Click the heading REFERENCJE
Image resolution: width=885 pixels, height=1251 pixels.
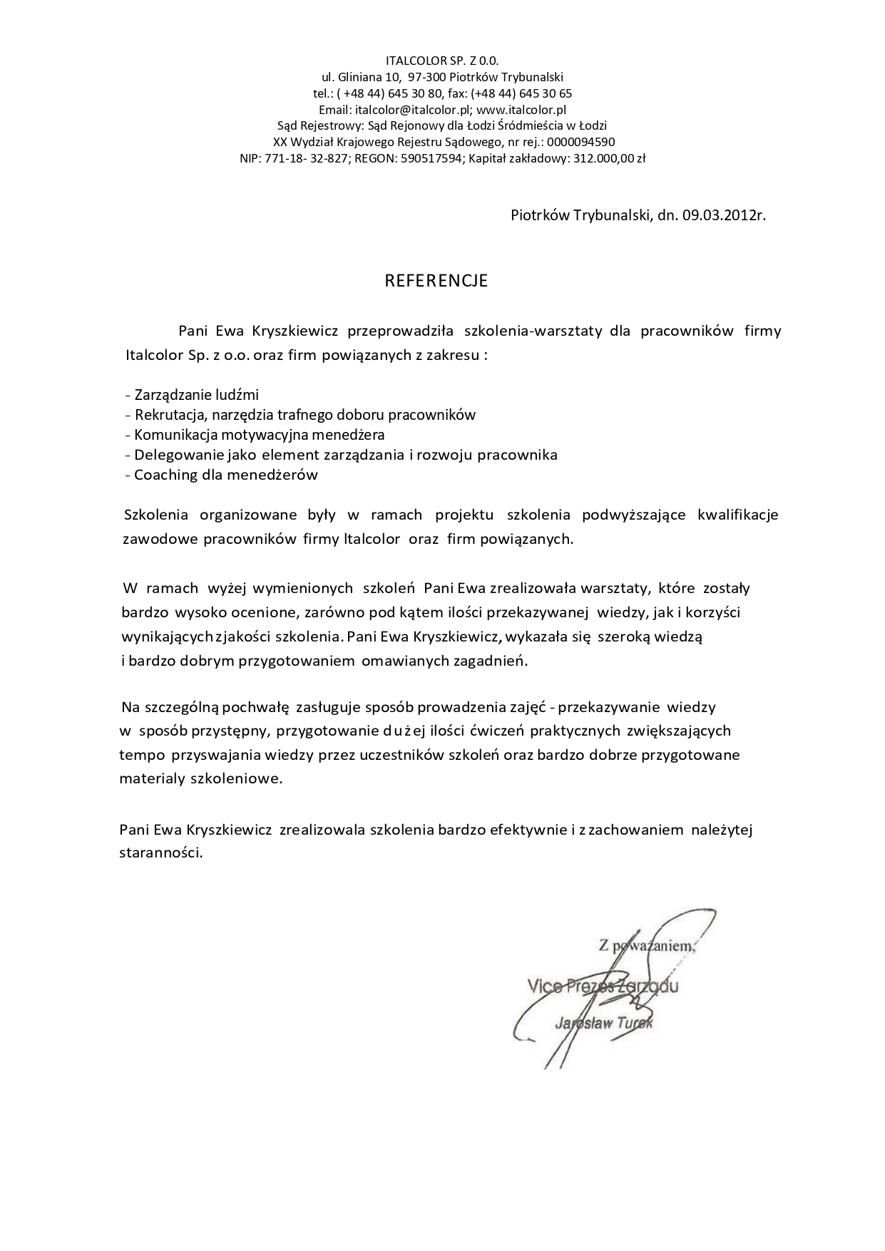tap(436, 281)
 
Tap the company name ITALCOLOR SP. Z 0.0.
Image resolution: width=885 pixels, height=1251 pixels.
tap(442, 61)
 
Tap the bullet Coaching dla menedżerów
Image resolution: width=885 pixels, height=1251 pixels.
tap(225, 475)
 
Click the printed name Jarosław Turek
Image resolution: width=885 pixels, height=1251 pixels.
tap(603, 1024)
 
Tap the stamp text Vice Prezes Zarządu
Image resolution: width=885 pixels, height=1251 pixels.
tap(602, 987)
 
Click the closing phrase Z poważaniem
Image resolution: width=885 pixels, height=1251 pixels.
tap(646, 947)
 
